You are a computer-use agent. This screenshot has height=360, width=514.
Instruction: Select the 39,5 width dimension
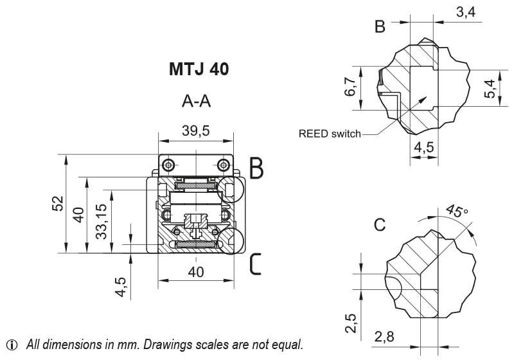coord(196,131)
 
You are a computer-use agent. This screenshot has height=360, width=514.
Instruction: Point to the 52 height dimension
coord(58,204)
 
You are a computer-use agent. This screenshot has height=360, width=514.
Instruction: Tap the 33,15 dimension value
coord(102,222)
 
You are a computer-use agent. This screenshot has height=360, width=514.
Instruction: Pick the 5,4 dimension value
coord(490,87)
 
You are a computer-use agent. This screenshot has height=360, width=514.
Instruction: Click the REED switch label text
coord(330,135)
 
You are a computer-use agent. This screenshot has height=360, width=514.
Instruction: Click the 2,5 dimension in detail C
coord(351,320)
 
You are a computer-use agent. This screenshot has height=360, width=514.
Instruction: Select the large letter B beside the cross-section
coord(256,168)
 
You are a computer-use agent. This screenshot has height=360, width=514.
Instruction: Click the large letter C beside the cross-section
coord(256,264)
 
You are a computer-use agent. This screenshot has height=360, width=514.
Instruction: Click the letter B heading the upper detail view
coord(380,27)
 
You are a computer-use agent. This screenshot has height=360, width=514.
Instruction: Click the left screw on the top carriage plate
coord(168,165)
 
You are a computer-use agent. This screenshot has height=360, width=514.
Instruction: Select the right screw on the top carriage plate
coord(223,165)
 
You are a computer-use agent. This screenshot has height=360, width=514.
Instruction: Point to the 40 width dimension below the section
coord(196,272)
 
